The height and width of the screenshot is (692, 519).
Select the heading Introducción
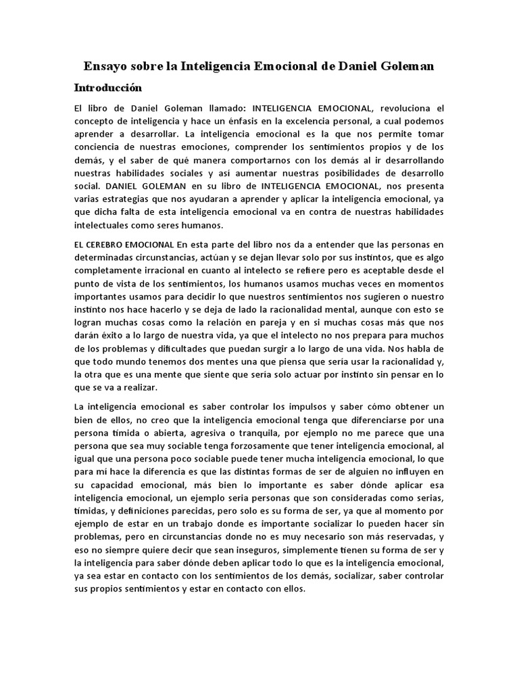tap(108, 88)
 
